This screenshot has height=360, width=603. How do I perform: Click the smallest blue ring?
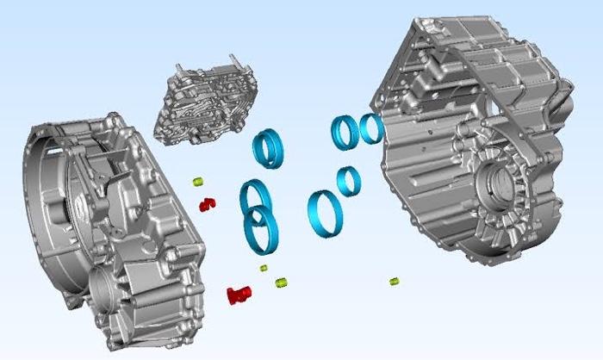(348, 180)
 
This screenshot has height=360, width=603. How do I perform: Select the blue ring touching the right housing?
(371, 128)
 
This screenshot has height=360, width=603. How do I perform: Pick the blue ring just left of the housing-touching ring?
(345, 131)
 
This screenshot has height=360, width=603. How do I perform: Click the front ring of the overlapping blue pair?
(262, 230)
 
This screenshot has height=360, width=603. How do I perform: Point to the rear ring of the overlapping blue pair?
(255, 197)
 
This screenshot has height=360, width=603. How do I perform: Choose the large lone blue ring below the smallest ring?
(325, 214)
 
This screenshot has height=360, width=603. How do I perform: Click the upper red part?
(207, 204)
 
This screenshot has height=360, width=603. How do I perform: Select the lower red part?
(238, 295)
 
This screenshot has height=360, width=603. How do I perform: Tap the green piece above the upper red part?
(197, 182)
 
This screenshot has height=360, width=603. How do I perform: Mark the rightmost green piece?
(394, 281)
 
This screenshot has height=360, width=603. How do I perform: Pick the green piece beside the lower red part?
(281, 282)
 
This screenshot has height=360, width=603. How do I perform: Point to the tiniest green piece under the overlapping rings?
(264, 268)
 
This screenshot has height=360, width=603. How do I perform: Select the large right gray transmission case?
(474, 138)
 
